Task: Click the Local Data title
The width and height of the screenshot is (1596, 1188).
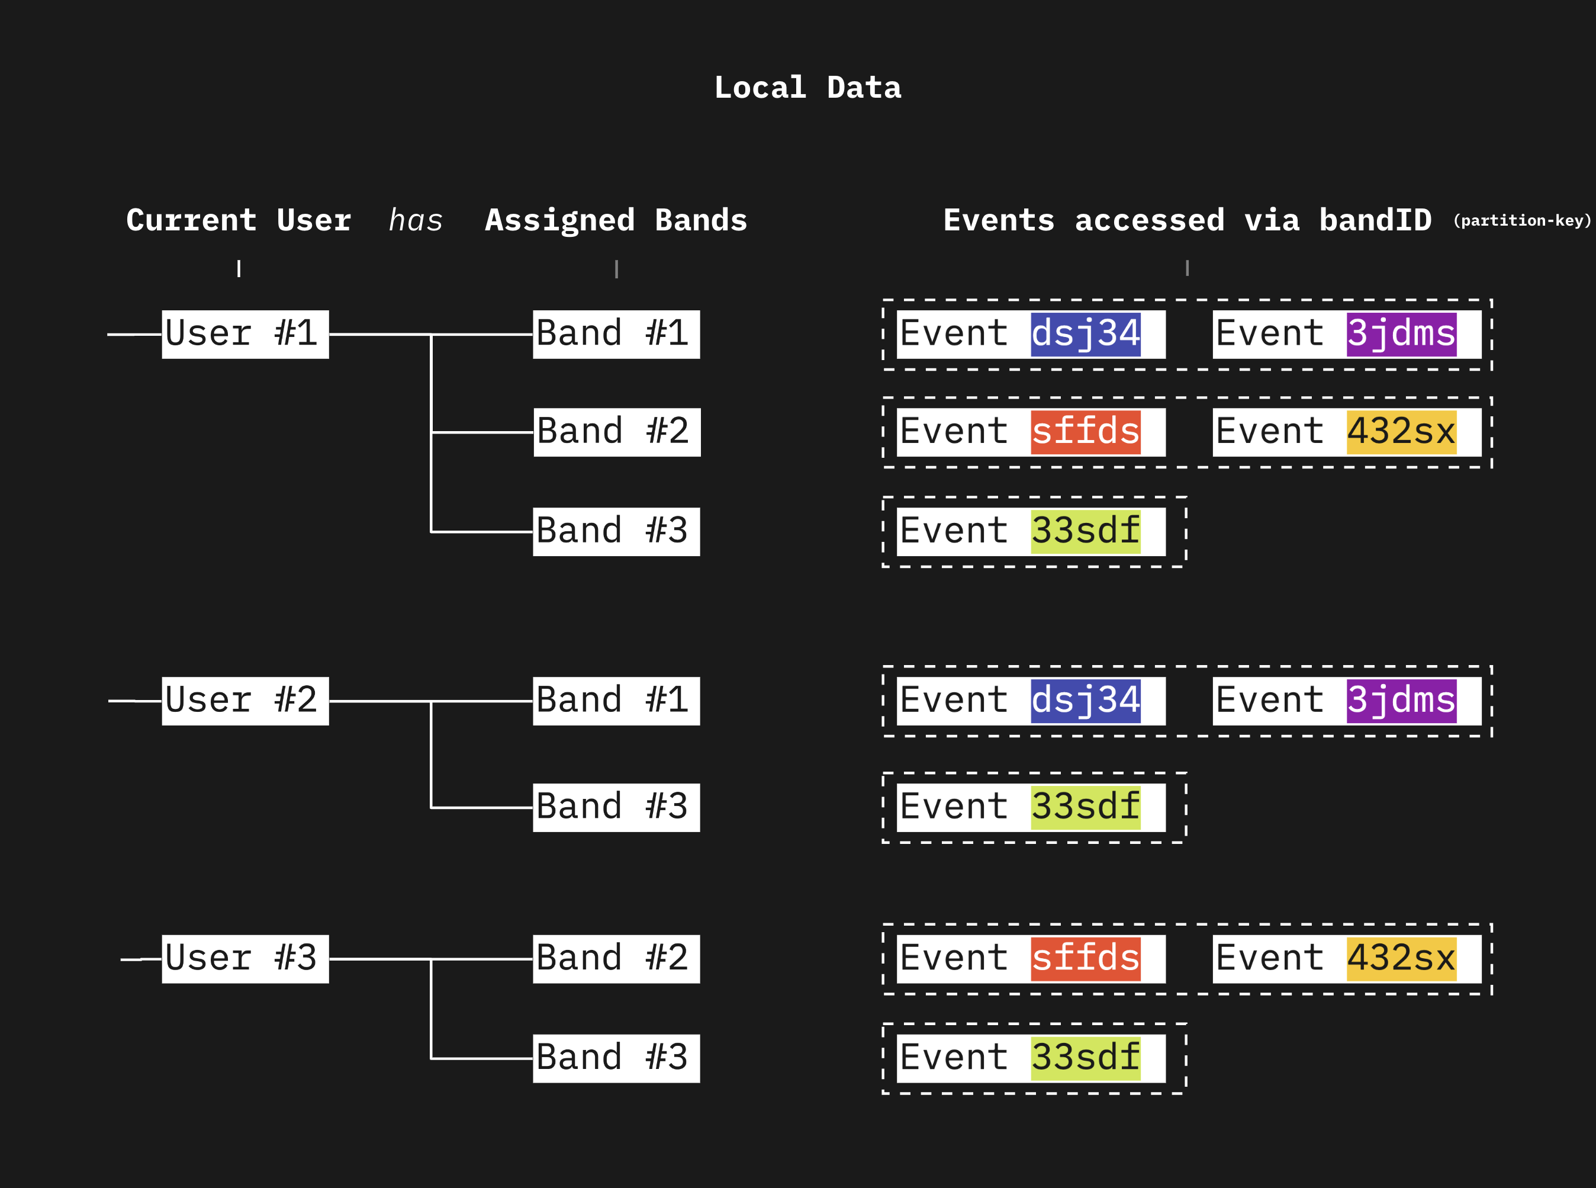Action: pyautogui.click(x=807, y=88)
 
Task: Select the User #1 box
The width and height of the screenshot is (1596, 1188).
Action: pyautogui.click(x=245, y=335)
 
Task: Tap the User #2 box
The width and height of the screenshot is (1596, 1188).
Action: pyautogui.click(x=245, y=701)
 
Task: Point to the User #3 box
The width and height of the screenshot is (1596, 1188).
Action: pyautogui.click(x=245, y=959)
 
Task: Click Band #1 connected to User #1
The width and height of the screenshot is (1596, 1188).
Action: pyautogui.click(x=616, y=335)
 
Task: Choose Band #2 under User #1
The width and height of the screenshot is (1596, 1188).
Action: pyautogui.click(x=617, y=432)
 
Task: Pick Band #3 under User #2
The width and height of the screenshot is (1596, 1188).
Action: pyautogui.click(x=616, y=807)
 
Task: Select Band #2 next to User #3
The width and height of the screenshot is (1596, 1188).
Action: pyautogui.click(x=616, y=959)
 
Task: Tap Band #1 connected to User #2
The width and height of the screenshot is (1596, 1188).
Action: pyautogui.click(x=616, y=701)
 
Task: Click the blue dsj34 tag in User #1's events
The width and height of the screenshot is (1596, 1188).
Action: pyautogui.click(x=1085, y=335)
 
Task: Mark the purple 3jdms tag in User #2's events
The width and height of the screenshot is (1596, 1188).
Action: pyautogui.click(x=1401, y=701)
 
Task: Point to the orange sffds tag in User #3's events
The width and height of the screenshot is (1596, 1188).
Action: pyautogui.click(x=1085, y=959)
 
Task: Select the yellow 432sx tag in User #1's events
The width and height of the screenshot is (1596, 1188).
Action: pyautogui.click(x=1401, y=432)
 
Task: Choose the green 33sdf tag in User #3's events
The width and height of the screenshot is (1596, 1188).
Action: pyautogui.click(x=1085, y=1058)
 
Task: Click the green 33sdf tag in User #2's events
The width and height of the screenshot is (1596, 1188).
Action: pyautogui.click(x=1085, y=807)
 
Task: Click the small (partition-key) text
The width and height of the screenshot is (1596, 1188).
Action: pyautogui.click(x=1522, y=221)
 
